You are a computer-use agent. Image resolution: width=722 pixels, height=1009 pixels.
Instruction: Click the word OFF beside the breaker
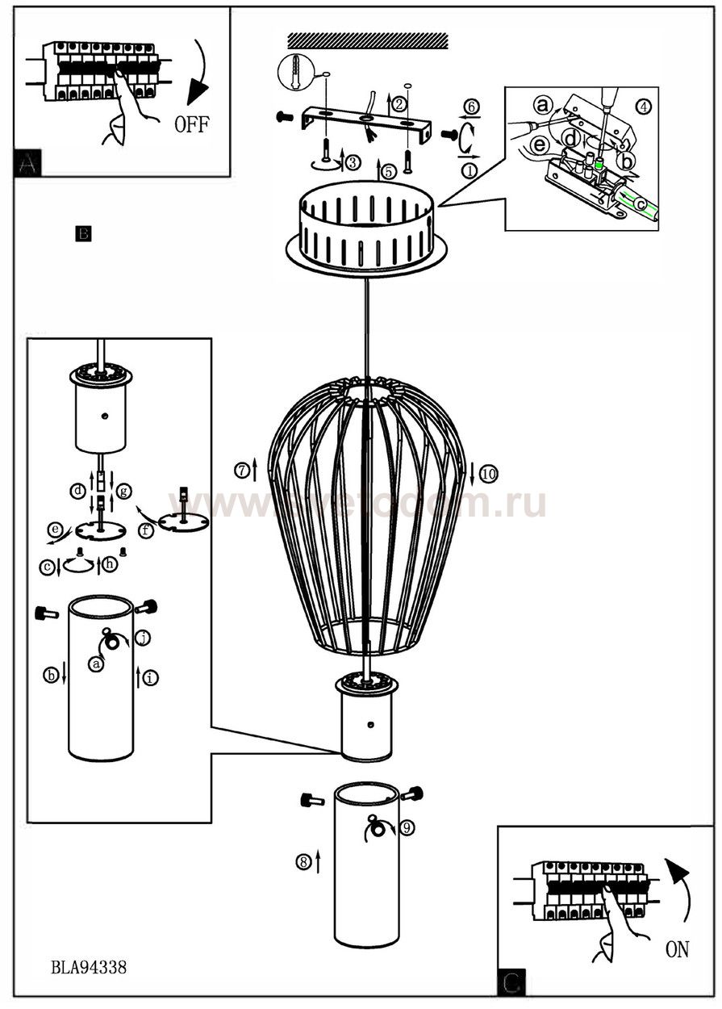click(192, 125)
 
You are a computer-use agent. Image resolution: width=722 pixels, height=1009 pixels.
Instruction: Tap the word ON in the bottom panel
click(677, 949)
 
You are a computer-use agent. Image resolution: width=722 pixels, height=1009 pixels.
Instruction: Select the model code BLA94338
click(89, 967)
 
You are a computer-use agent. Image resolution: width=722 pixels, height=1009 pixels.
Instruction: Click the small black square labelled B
click(83, 233)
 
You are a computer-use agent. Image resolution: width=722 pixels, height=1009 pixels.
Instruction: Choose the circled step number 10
click(488, 475)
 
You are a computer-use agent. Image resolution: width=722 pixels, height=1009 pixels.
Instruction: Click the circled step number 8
click(303, 862)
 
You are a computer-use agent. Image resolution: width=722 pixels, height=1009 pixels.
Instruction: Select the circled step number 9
click(407, 827)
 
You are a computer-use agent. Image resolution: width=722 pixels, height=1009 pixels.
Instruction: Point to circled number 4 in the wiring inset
click(643, 106)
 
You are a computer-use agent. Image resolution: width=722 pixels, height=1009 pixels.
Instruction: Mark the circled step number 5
click(389, 171)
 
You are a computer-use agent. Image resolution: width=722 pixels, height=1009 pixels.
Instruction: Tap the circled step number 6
click(472, 107)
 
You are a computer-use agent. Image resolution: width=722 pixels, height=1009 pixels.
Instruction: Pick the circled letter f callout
click(146, 531)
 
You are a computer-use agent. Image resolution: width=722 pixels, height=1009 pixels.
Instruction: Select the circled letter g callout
click(123, 490)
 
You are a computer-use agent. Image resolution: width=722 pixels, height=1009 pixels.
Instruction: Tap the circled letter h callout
click(111, 564)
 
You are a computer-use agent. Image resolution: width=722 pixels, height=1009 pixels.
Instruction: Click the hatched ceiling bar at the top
click(367, 40)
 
